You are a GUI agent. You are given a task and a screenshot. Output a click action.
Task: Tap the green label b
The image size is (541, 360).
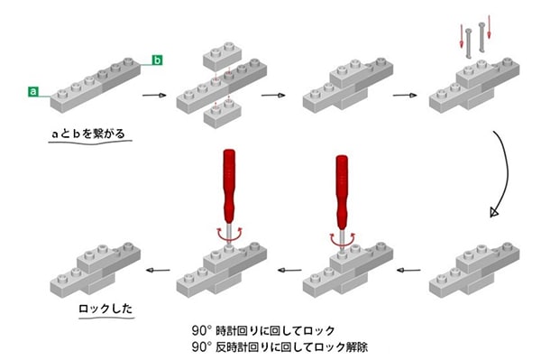[157, 60]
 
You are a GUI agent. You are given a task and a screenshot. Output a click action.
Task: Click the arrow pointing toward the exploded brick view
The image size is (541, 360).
[156, 94]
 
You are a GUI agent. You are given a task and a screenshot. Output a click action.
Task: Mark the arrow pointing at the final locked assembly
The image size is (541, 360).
[160, 269]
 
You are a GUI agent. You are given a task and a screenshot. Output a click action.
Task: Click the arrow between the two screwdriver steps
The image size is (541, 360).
[287, 269]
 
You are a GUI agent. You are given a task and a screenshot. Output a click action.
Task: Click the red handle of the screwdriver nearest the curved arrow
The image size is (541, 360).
[343, 184]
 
